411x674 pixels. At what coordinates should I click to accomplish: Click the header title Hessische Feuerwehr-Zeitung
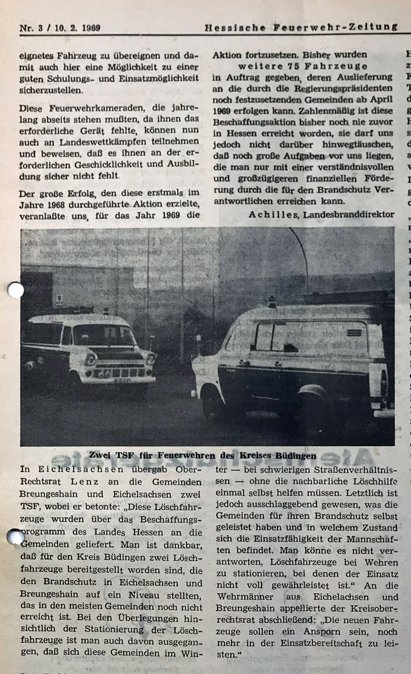pyautogui.click(x=301, y=27)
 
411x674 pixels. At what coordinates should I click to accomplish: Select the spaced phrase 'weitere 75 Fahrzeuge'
pyautogui.click(x=303, y=66)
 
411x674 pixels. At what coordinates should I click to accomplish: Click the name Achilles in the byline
pyautogui.click(x=273, y=214)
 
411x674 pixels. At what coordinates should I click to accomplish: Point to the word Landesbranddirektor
pyautogui.click(x=348, y=214)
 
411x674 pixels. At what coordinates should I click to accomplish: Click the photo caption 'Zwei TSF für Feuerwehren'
pyautogui.click(x=202, y=455)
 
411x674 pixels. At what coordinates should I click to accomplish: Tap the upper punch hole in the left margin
pyautogui.click(x=15, y=290)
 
